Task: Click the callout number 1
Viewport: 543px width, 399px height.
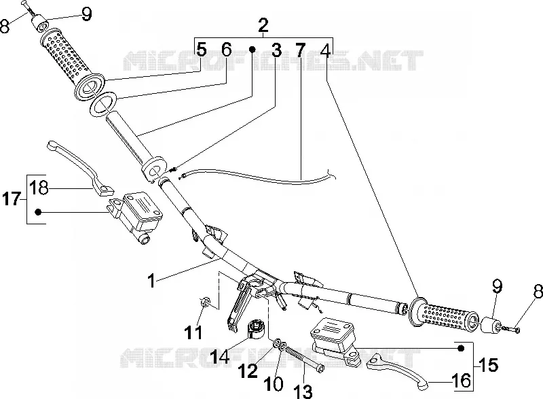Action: coord(151,281)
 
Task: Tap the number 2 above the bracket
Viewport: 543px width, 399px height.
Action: coord(263,25)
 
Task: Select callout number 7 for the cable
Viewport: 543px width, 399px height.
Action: coord(300,50)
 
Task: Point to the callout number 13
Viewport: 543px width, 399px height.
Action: coord(303,391)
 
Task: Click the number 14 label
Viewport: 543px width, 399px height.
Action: coord(220,355)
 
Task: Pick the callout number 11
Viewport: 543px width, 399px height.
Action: coord(193,332)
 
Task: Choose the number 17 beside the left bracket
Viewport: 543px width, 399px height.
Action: coord(12,199)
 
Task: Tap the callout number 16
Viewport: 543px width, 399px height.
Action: coord(462,381)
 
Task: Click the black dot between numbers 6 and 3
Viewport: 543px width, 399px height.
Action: coord(252,50)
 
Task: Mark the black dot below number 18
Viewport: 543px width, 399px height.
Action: coord(38,211)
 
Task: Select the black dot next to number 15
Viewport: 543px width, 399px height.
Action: coord(461,348)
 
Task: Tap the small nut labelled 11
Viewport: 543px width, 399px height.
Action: coord(205,302)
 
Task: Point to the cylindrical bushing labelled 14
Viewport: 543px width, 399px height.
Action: coord(257,328)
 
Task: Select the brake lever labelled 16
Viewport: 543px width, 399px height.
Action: coord(398,370)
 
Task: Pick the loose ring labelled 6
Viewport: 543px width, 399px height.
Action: coord(102,103)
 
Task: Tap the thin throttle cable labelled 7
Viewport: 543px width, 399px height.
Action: coord(258,177)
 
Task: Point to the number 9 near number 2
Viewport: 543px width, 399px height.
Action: coord(86,14)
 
